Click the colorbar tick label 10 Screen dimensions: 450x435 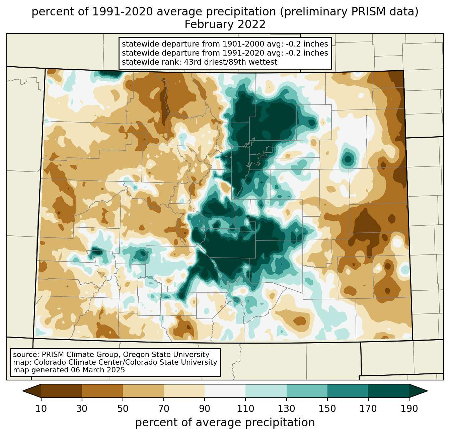(41, 409)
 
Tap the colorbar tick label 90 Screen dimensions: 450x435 (205, 409)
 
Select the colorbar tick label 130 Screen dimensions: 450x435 (286, 409)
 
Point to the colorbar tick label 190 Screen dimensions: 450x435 (409, 409)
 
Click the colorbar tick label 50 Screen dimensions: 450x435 (123, 409)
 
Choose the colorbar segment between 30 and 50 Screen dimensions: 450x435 (102, 391)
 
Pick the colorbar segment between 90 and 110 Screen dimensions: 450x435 (225, 391)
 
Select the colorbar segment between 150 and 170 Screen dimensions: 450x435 (348, 391)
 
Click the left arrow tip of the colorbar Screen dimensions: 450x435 (23, 391)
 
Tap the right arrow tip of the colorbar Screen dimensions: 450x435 (428, 391)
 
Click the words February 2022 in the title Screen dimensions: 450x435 (225, 24)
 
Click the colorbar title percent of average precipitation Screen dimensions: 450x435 (225, 423)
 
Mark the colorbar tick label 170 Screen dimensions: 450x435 (368, 409)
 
